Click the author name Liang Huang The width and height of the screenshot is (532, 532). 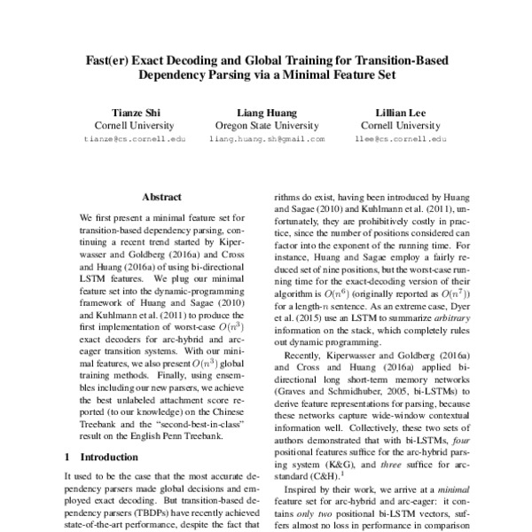coord(265,113)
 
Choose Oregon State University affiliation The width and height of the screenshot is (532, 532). coord(265,126)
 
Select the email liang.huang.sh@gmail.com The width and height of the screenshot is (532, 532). coord(265,140)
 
